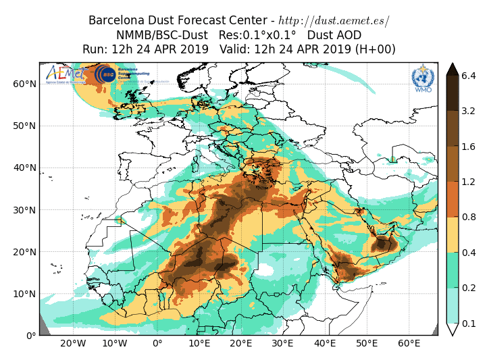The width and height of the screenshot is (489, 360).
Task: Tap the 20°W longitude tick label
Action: (73, 344)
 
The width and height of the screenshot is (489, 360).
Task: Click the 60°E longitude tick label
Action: (409, 344)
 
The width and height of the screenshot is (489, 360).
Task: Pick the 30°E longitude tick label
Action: (283, 344)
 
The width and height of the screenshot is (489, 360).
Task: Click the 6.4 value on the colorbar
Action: (469, 76)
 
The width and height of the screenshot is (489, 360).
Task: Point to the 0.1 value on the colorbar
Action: (469, 323)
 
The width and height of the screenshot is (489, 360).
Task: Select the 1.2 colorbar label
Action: (469, 182)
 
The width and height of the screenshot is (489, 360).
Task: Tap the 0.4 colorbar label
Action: (469, 253)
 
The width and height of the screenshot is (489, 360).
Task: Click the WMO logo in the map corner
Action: (423, 78)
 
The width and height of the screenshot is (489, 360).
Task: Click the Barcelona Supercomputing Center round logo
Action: (105, 74)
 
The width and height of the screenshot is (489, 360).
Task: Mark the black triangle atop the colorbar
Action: (453, 69)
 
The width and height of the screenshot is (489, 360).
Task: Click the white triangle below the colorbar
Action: (453, 330)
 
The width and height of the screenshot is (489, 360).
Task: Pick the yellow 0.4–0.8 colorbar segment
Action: (453, 234)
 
